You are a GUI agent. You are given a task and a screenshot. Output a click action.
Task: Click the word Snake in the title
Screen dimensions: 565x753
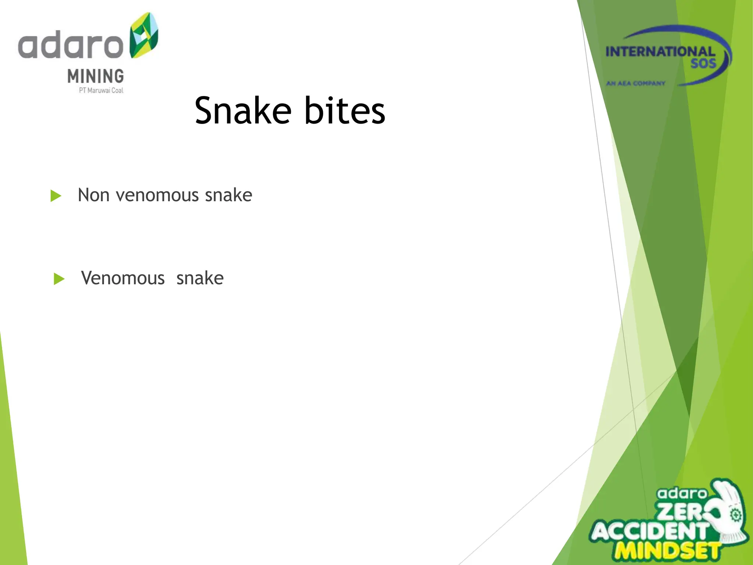point(243,110)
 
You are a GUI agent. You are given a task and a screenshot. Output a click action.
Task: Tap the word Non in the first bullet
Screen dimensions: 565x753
point(93,195)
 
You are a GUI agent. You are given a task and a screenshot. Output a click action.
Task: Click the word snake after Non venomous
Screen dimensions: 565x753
point(228,195)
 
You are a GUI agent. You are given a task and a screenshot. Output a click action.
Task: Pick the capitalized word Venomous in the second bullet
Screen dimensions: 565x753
point(123,278)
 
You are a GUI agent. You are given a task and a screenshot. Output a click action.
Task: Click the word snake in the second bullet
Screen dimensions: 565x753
point(200,278)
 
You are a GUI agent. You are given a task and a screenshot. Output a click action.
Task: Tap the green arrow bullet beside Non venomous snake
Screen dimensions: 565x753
point(56,196)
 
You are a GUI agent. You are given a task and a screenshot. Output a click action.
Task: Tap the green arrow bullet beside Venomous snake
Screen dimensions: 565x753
point(59,279)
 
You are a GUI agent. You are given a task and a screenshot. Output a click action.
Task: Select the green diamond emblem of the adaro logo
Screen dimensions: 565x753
point(144,35)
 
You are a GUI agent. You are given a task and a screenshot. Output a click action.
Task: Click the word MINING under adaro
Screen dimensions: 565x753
point(96,76)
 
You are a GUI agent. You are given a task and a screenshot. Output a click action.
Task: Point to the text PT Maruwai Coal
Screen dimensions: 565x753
point(101,90)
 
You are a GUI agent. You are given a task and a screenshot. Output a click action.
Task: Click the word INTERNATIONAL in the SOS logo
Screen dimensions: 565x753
point(660,52)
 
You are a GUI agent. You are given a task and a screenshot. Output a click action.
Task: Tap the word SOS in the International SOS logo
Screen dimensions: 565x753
point(703,64)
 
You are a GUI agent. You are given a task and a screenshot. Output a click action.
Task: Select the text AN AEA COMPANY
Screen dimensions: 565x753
point(635,83)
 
